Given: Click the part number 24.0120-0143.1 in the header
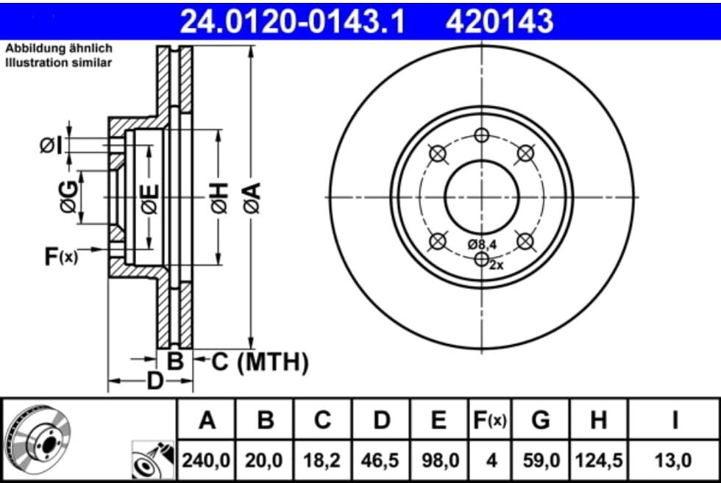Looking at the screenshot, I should [291, 21].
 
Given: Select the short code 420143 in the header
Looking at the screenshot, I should [499, 21].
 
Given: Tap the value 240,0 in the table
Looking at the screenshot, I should [207, 460].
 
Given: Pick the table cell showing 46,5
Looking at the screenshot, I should [381, 460].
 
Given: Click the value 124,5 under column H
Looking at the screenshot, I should [599, 460].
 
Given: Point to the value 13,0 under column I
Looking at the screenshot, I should [673, 460].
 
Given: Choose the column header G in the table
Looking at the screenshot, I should [541, 420].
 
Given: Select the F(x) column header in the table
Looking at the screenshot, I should [489, 420].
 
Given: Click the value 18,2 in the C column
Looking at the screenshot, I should [322, 460].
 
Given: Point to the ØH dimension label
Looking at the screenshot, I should [219, 198].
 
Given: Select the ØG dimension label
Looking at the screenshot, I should [69, 197].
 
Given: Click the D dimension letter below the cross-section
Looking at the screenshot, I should [154, 381].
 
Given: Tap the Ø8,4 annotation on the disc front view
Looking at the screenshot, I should [483, 243].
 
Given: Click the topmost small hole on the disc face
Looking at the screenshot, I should [481, 135].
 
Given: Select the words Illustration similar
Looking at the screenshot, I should [59, 62].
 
